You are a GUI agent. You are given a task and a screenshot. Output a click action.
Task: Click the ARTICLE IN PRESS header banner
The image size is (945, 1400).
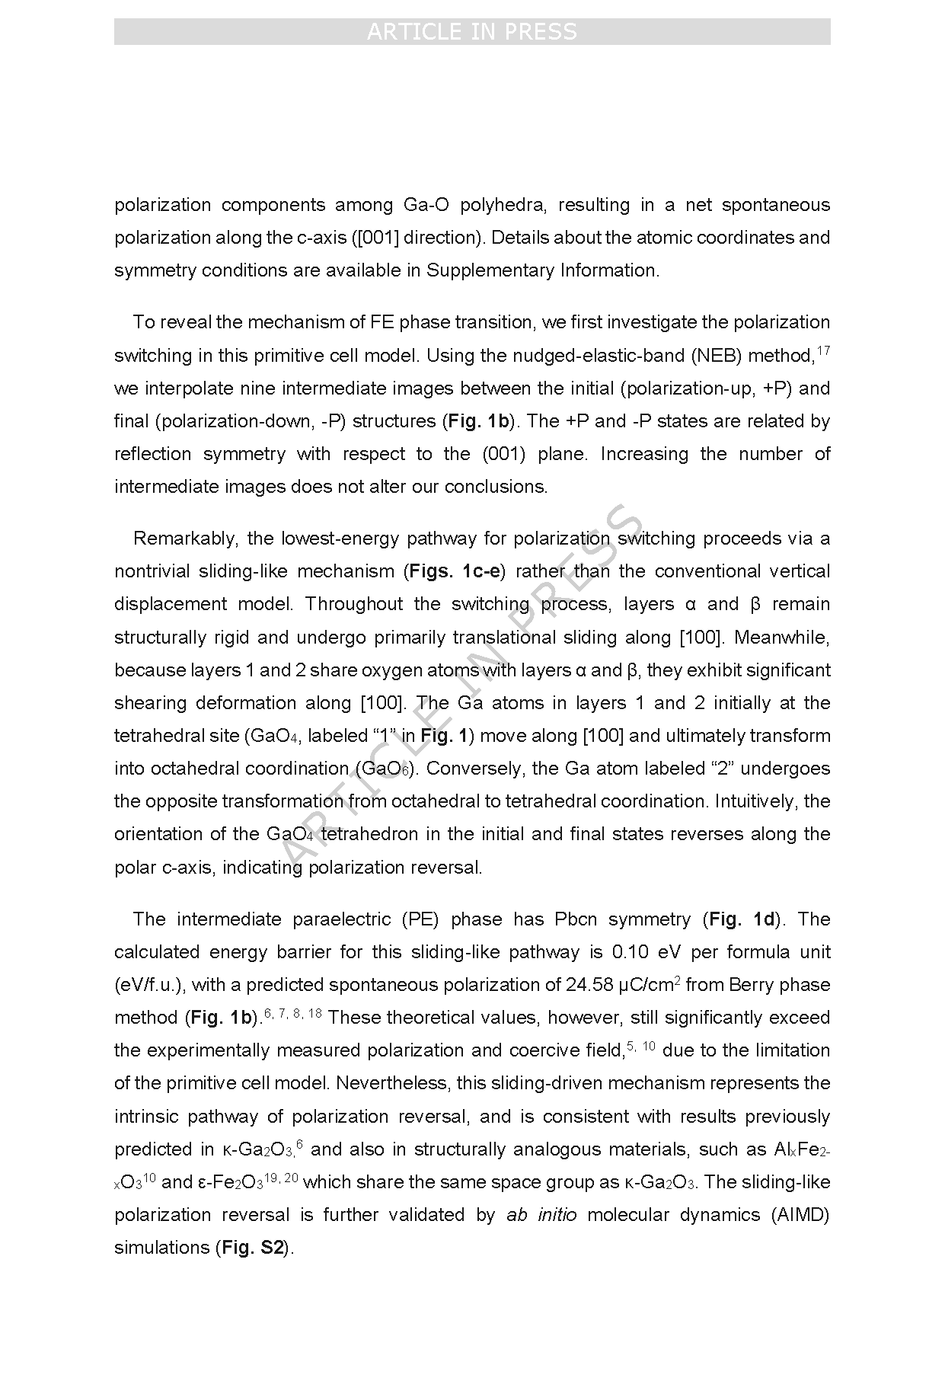tap(472, 32)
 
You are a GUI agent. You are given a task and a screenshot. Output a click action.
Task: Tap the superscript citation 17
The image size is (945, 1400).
tap(822, 350)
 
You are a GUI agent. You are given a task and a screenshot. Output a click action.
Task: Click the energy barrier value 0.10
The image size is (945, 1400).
tap(633, 952)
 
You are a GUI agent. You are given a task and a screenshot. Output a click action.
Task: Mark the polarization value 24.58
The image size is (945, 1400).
tap(590, 985)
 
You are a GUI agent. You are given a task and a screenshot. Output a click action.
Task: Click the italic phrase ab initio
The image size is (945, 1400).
tap(541, 1215)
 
